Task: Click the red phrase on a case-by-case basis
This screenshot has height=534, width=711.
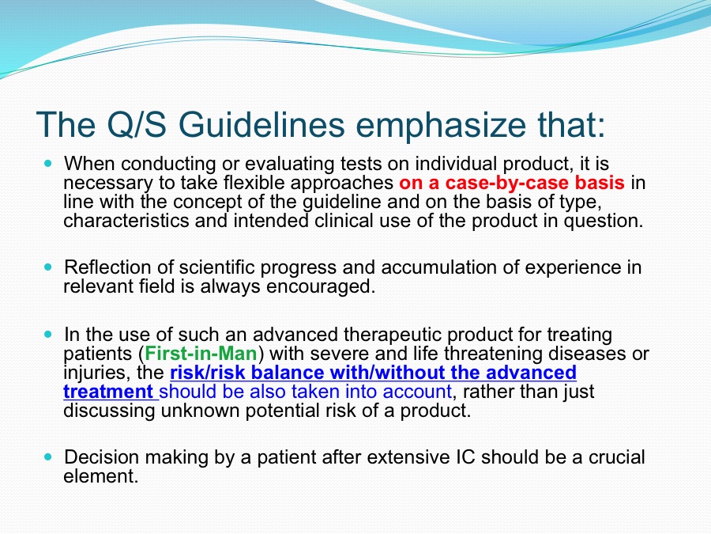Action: coord(512,183)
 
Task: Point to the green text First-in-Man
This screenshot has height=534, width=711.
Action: coord(201,354)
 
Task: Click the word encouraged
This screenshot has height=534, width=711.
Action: coord(321,287)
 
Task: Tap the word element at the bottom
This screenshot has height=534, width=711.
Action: coord(100,476)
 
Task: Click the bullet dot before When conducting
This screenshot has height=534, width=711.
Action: coord(49,163)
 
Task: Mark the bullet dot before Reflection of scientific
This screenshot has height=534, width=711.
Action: coord(49,267)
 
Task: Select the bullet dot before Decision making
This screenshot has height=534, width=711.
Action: coord(49,456)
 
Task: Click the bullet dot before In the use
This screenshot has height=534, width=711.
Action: coord(49,334)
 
